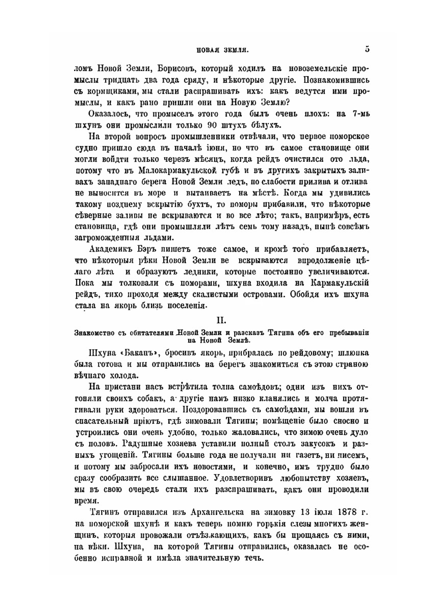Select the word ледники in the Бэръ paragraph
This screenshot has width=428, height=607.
coord(218,272)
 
